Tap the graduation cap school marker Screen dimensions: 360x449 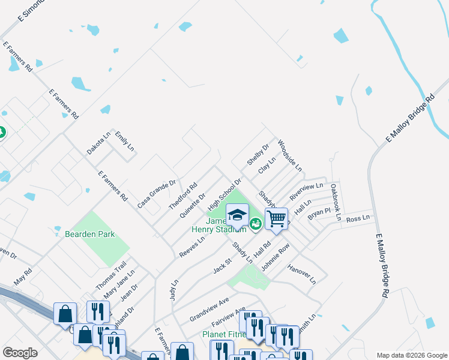(237, 215)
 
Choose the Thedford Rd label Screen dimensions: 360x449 (183, 196)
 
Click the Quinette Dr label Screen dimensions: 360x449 (193, 205)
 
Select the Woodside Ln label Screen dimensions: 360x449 (290, 155)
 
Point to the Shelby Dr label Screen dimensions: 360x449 (258, 155)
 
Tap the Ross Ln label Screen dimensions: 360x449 (358, 219)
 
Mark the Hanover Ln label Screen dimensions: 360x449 (301, 273)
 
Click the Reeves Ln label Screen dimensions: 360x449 (192, 247)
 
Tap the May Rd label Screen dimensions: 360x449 (22, 276)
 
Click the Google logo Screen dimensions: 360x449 (20, 353)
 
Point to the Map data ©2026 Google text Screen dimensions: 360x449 (411, 355)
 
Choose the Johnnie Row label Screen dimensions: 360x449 (276, 256)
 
